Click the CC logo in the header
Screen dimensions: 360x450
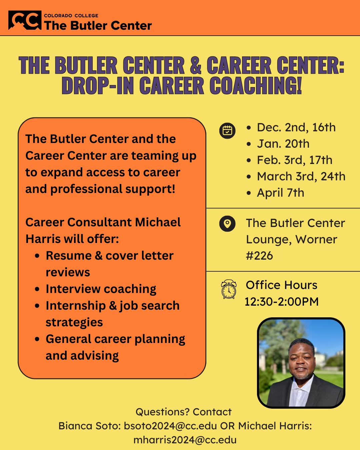click(x=25, y=20)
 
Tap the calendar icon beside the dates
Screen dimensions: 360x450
click(x=227, y=131)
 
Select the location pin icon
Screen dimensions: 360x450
click(x=227, y=224)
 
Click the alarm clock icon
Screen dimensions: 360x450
click(x=229, y=289)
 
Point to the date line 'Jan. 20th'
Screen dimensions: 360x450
click(x=283, y=144)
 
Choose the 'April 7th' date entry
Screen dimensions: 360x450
click(x=281, y=193)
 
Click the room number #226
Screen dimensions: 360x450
click(x=259, y=256)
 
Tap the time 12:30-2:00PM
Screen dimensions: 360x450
click(x=281, y=302)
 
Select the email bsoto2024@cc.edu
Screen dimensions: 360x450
click(x=170, y=426)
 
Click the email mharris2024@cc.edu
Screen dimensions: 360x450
click(x=185, y=440)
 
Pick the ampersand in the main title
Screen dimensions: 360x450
click(x=196, y=65)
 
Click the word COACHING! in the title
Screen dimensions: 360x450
click(x=255, y=85)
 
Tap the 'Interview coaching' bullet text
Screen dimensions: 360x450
click(x=101, y=289)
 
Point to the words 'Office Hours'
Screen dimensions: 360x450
click(x=281, y=285)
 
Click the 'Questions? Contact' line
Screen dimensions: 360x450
click(x=183, y=412)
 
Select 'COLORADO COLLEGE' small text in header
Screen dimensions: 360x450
click(x=71, y=16)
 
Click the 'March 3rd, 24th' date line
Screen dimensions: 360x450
click(x=301, y=176)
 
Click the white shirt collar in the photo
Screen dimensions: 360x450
click(x=302, y=385)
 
